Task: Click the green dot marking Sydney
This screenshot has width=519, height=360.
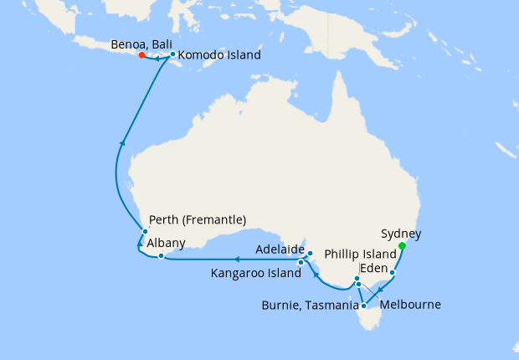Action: [403, 246]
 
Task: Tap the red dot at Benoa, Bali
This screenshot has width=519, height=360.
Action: [142, 55]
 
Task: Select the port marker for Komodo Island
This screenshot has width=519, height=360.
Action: [172, 55]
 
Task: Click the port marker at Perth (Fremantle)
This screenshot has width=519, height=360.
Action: [145, 231]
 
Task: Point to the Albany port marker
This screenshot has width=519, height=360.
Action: [161, 255]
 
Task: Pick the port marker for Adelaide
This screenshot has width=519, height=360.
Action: [309, 253]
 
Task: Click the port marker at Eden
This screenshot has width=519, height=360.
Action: [393, 273]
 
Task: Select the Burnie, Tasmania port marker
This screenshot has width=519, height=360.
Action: [362, 306]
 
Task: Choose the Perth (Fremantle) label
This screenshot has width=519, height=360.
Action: [198, 220]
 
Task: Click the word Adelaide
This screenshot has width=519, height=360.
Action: [280, 249]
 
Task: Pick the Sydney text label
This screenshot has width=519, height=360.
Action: [400, 234]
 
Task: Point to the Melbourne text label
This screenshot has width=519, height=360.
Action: [410, 305]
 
